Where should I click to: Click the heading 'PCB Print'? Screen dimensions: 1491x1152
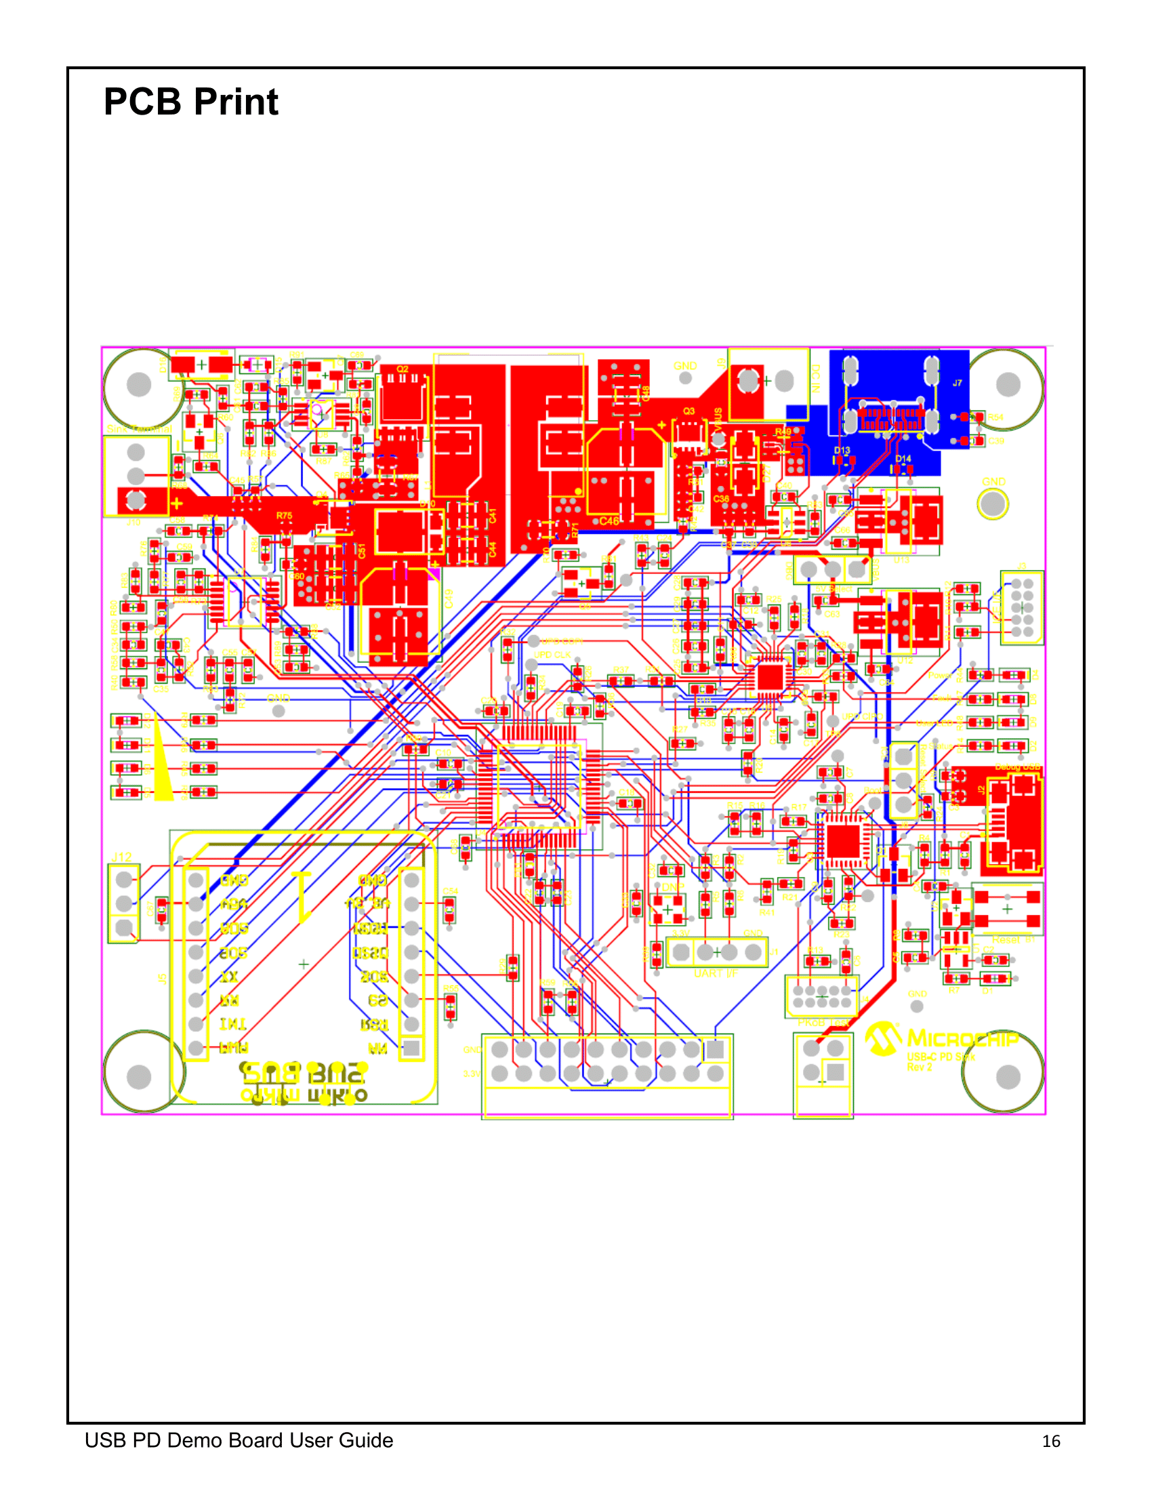point(190,102)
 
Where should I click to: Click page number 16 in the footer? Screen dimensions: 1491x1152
point(1050,1441)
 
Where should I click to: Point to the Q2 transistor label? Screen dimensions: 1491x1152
point(403,369)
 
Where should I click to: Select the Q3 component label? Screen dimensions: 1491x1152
point(688,411)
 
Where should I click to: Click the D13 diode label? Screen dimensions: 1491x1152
point(842,451)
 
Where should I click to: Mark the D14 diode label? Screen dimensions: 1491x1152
point(903,459)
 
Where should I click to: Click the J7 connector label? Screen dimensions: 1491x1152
point(958,384)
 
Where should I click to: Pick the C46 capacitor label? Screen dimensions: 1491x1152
point(609,522)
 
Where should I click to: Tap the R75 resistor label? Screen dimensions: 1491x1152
point(284,516)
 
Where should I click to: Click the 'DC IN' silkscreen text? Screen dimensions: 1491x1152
point(817,379)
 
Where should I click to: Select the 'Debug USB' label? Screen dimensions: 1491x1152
point(1017,767)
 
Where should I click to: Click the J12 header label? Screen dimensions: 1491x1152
point(121,857)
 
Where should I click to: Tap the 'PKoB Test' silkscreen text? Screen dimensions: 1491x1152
point(823,1023)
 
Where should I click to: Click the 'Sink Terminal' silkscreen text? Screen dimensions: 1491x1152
point(139,429)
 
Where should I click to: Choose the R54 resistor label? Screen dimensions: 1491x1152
point(995,417)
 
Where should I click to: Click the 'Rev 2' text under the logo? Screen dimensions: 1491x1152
point(920,1067)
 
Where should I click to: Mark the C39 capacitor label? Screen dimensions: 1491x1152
point(996,441)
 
